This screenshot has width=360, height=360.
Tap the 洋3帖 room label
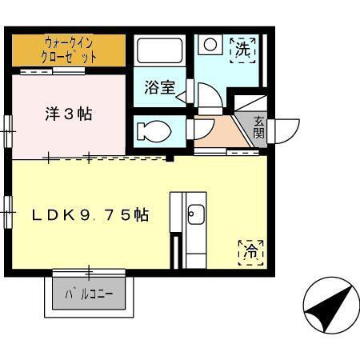pyautogui.click(x=68, y=114)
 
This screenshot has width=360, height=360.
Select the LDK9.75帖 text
pyautogui.click(x=90, y=214)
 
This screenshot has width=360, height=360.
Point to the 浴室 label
pyautogui.click(x=159, y=88)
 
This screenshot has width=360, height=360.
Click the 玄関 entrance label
pyautogui.click(x=260, y=127)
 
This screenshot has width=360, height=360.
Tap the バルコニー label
pyautogui.click(x=89, y=294)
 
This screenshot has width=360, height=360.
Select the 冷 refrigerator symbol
pyautogui.click(x=250, y=251)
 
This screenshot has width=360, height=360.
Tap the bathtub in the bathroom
pyautogui.click(x=160, y=53)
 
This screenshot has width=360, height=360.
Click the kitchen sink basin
pyautogui.click(x=195, y=214)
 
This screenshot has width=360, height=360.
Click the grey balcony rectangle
pyautogui.click(x=89, y=294)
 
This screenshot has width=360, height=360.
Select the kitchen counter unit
pyautogui.click(x=187, y=230)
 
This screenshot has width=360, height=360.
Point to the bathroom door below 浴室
pyautogui.click(x=185, y=96)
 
